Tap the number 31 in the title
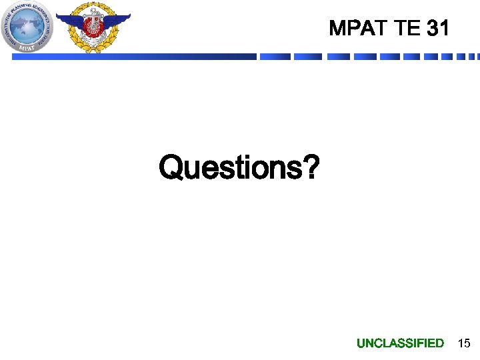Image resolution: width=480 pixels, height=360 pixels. [x=437, y=29]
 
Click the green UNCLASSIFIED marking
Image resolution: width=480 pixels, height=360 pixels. [x=400, y=343]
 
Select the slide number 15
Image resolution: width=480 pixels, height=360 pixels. [x=463, y=343]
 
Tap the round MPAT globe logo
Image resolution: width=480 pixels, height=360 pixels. [x=28, y=27]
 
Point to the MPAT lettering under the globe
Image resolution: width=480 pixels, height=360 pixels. [x=28, y=47]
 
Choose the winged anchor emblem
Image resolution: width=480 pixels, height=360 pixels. [x=93, y=27]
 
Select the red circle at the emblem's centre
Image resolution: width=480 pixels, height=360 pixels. [x=93, y=25]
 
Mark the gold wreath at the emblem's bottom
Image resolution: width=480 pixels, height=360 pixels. [x=93, y=45]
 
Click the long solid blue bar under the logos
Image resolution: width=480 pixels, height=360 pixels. [x=133, y=57]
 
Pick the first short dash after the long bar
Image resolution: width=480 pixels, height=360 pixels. [x=275, y=57]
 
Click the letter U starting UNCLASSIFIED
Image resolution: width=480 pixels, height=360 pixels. [x=361, y=343]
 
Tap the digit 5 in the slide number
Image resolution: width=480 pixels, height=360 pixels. [x=467, y=343]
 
